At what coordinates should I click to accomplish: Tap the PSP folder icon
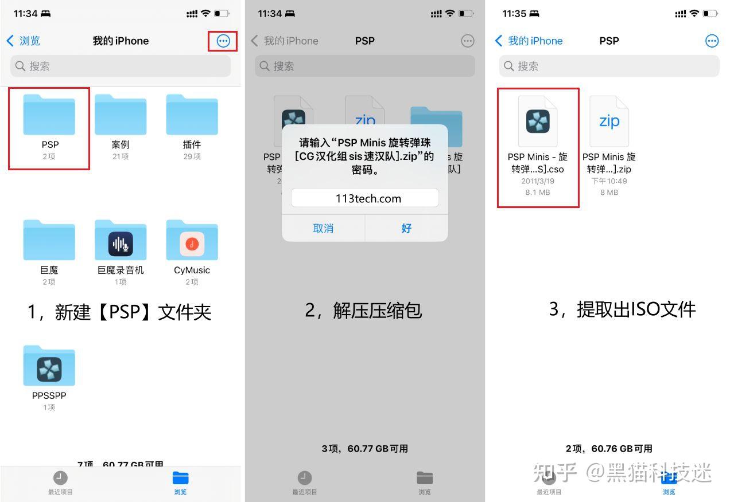point(49,115)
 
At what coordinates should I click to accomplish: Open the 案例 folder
point(121,115)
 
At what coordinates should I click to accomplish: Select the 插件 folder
point(192,115)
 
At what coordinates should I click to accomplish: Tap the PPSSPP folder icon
point(49,367)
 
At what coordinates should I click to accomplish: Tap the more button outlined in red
point(223,41)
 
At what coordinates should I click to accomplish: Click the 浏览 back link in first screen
point(24,41)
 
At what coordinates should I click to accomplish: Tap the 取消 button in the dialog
point(323,228)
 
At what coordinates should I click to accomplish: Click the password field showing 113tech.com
point(364,198)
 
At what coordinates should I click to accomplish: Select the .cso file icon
point(538,121)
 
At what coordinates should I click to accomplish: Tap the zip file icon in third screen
point(609,121)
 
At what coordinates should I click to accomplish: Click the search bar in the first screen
point(121,66)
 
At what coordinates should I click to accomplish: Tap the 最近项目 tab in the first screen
point(60,483)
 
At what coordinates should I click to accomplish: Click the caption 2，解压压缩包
point(363,310)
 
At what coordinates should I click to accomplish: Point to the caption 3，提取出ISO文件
point(622,309)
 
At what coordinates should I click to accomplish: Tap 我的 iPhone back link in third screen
point(529,41)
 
